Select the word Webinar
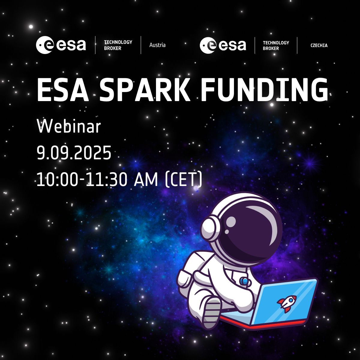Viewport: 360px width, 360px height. pyautogui.click(x=69, y=127)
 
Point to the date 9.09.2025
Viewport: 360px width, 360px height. pyautogui.click(x=74, y=153)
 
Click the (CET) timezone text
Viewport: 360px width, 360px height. pyautogui.click(x=184, y=179)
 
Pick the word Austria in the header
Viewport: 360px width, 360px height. pyautogui.click(x=157, y=45)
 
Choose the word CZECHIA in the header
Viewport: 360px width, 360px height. pyautogui.click(x=319, y=45)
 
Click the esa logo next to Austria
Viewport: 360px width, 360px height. pyautogui.click(x=61, y=45)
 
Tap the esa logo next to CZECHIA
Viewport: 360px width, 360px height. pyautogui.click(x=223, y=45)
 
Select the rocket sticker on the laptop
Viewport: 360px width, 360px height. pyautogui.click(x=284, y=304)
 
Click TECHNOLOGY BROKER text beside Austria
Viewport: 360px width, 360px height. pyautogui.click(x=118, y=45)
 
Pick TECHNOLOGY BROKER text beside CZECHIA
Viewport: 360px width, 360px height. pyautogui.click(x=276, y=45)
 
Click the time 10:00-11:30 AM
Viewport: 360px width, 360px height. pyautogui.click(x=97, y=179)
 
